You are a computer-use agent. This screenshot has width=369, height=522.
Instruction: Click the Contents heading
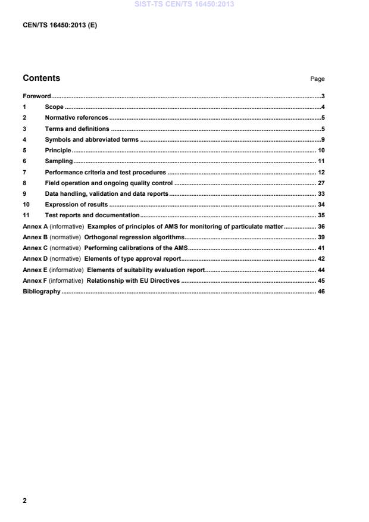point(41,78)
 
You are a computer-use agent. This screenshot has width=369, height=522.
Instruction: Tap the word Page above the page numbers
point(317,79)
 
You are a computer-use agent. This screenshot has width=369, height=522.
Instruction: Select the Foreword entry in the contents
point(36,96)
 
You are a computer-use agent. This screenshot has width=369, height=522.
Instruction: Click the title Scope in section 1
point(54,107)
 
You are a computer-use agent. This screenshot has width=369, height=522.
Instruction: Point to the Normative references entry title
point(76,118)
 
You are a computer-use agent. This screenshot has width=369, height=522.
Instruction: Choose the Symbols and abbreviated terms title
point(91,140)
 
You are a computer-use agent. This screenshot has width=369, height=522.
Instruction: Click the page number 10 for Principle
point(321,151)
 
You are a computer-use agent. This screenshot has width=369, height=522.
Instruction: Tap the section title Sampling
point(59,161)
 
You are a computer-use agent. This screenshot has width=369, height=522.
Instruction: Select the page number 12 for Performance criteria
point(321,172)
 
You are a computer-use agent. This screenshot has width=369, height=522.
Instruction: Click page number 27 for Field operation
point(321,183)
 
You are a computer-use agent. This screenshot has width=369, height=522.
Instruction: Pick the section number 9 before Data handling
point(24,194)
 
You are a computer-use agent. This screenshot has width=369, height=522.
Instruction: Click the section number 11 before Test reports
point(26,215)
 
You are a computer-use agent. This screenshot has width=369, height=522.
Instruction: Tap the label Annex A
point(35,226)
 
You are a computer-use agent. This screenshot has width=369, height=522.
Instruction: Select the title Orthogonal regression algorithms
point(134,237)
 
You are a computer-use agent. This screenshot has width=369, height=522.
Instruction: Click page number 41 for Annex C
point(321,248)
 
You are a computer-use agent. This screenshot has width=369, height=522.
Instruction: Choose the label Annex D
point(35,259)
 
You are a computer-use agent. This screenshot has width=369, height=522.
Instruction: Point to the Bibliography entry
point(42,291)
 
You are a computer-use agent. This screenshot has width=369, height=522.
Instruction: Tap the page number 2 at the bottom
point(24,501)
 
